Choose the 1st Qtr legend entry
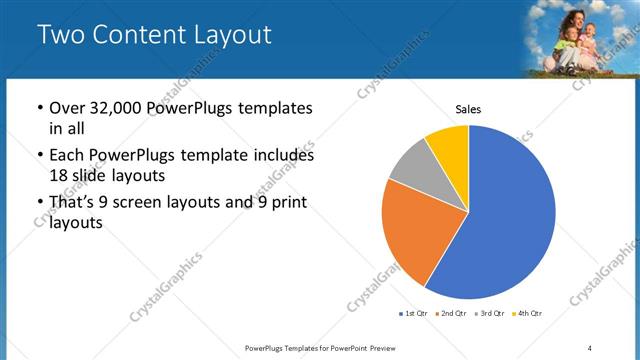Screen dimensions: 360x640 tap(414, 315)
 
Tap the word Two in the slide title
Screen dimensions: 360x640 tap(62, 35)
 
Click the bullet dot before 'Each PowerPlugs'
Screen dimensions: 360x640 tap(38, 156)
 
